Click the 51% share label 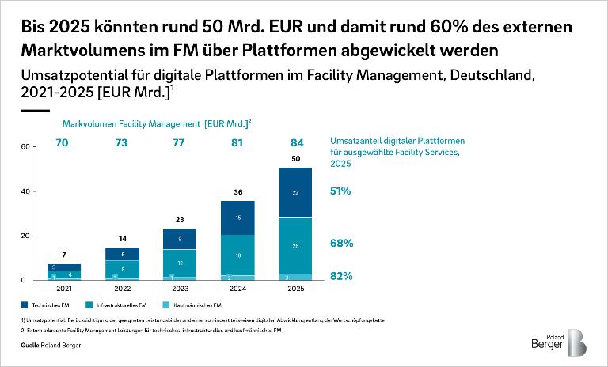click(x=341, y=191)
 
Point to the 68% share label click(x=341, y=244)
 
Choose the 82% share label click(x=341, y=276)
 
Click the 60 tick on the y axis click(x=25, y=147)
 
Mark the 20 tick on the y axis click(x=25, y=236)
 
